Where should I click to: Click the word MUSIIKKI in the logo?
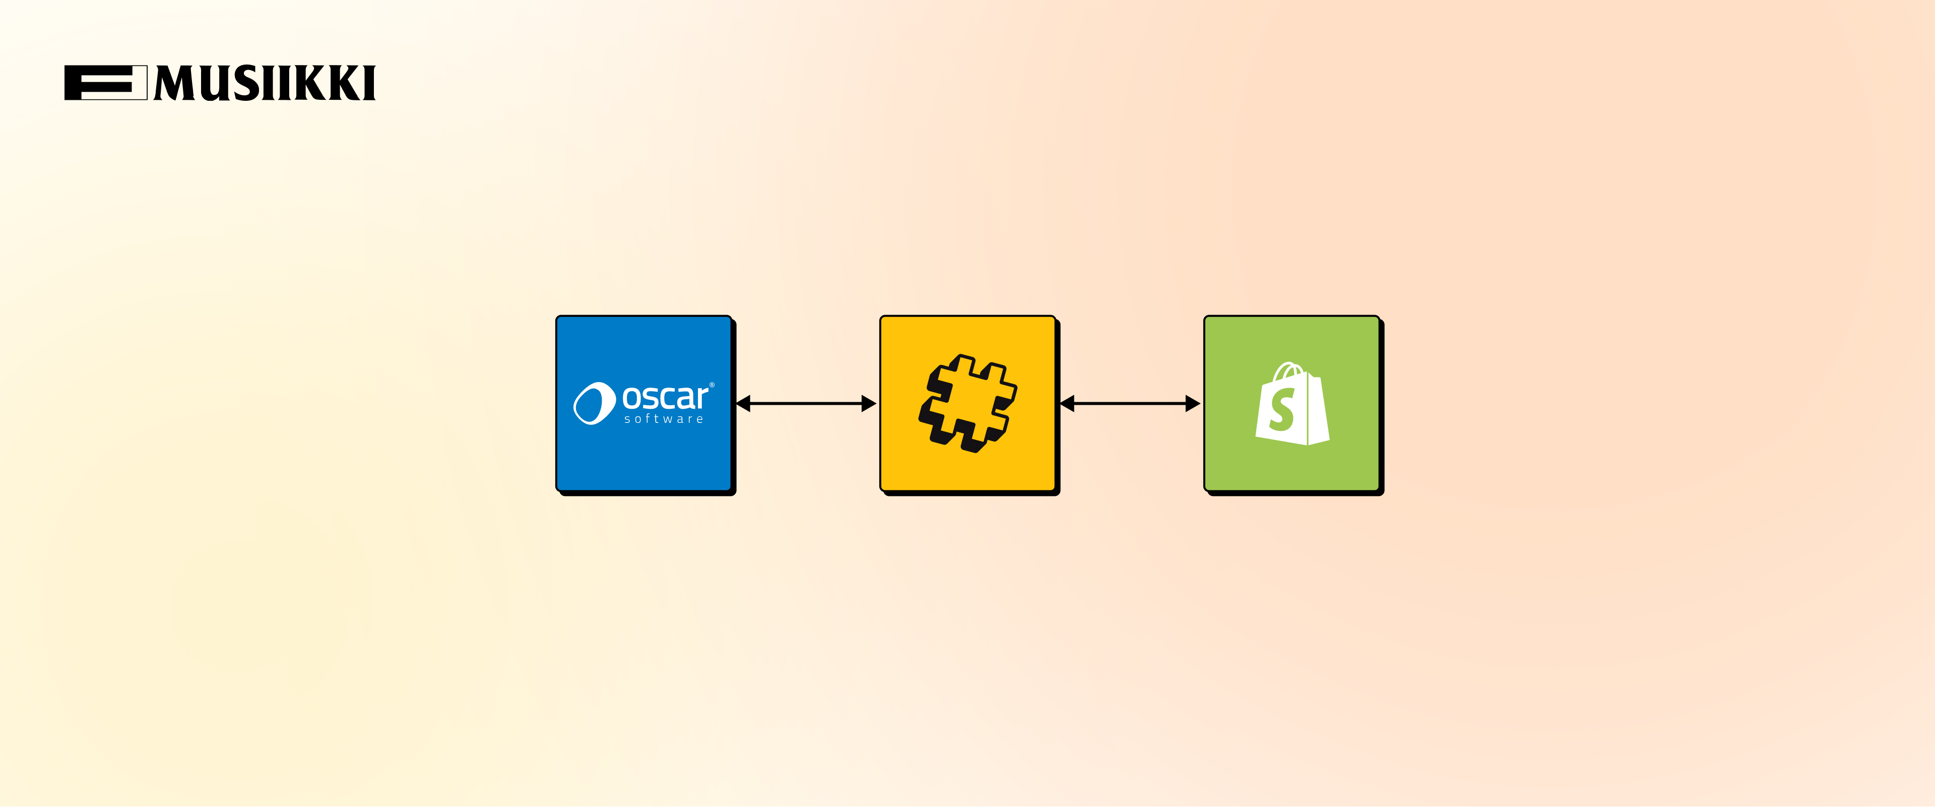click(x=265, y=83)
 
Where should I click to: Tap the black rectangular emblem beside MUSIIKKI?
click(x=105, y=83)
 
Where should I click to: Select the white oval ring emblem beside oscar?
click(x=594, y=403)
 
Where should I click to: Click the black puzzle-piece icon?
click(x=967, y=403)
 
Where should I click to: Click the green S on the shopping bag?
click(x=1281, y=410)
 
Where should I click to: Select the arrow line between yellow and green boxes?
click(x=1130, y=403)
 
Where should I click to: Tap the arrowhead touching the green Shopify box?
click(x=1192, y=403)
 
